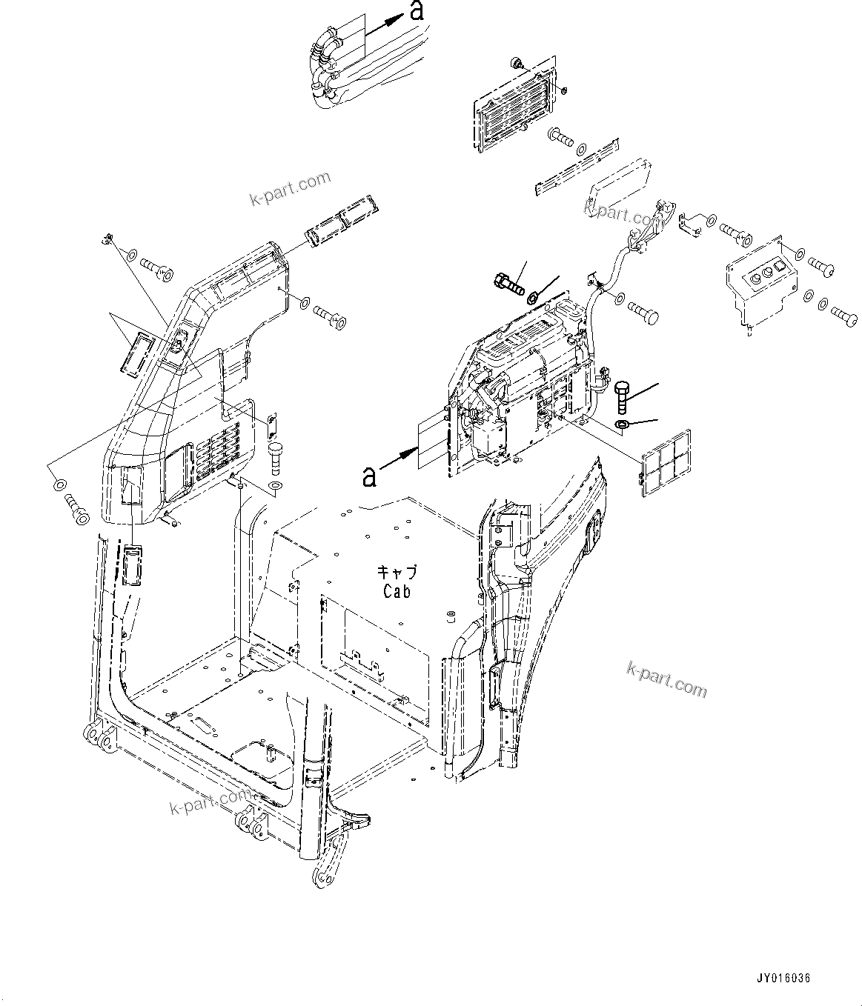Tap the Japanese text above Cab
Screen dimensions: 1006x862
[397, 572]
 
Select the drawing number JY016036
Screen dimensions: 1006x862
[785, 978]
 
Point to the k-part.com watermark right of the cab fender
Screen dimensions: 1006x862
[666, 679]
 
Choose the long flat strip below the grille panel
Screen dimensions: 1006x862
[576, 167]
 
